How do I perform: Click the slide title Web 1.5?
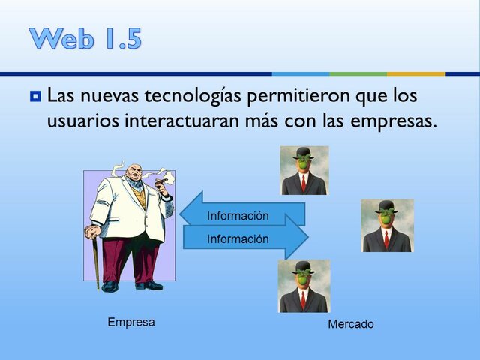coord(85,38)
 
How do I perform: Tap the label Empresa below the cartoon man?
coord(131,322)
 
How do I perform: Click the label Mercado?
coord(350,324)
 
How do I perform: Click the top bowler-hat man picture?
coord(304,170)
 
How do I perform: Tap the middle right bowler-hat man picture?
coord(386,225)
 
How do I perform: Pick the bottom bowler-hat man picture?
coord(304,286)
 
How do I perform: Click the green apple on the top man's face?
coord(304,163)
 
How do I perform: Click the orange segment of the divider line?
coord(415,73)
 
